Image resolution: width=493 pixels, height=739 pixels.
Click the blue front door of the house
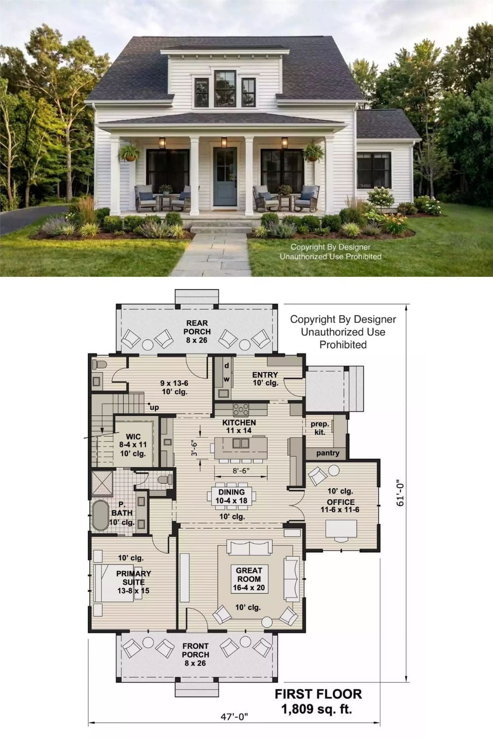[225, 177]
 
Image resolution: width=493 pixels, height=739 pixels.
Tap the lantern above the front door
[224, 142]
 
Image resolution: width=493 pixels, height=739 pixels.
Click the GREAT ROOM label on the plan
[249, 574]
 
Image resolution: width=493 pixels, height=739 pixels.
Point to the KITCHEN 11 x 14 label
[239, 426]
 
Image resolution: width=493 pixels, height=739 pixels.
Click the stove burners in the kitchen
[241, 409]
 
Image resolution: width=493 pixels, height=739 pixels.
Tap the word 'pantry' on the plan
[327, 453]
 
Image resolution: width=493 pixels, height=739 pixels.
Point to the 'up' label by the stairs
[154, 408]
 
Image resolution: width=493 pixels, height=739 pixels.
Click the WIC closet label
[133, 437]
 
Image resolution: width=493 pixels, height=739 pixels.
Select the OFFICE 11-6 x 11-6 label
[340, 506]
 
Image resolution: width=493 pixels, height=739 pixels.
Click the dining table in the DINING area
[232, 496]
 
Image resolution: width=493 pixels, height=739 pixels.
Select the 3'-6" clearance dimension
[195, 449]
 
